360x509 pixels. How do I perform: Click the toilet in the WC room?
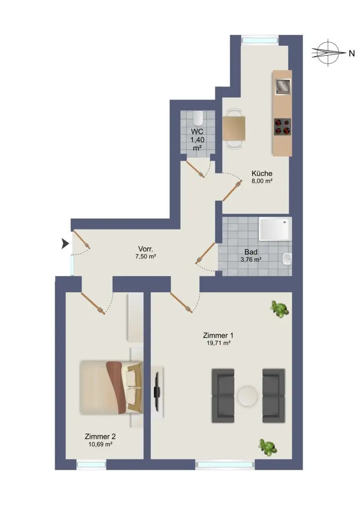pyautogui.click(x=197, y=118)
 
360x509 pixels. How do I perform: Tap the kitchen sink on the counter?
pyautogui.click(x=283, y=86)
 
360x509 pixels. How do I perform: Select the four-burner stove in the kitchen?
pyautogui.click(x=282, y=127)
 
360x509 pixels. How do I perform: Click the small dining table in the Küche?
pyautogui.click(x=234, y=128)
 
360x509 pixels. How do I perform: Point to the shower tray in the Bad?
pyautogui.click(x=275, y=230)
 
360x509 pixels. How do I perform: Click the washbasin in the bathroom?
pyautogui.click(x=287, y=259)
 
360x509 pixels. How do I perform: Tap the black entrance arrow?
pyautogui.click(x=65, y=243)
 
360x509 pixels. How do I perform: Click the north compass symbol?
pyautogui.click(x=328, y=52)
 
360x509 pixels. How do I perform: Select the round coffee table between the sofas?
pyautogui.click(x=247, y=396)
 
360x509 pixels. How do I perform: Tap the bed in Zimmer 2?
pyautogui.click(x=111, y=387)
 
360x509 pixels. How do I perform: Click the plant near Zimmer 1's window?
pyautogui.click(x=268, y=446)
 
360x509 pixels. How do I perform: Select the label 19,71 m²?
pyautogui.click(x=219, y=343)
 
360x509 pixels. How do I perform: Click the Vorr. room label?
pyautogui.click(x=146, y=249)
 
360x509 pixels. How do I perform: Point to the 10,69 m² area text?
pyautogui.click(x=100, y=444)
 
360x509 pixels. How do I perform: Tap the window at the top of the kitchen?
pyautogui.click(x=260, y=40)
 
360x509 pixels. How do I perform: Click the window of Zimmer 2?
pyautogui.click(x=91, y=465)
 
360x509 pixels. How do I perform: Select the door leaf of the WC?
pyautogui.click(x=195, y=168)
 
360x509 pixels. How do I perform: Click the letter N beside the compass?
pyautogui.click(x=352, y=53)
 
